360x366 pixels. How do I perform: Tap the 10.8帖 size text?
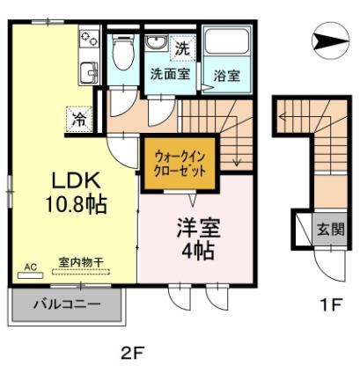click(x=77, y=206)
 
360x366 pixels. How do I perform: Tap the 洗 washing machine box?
click(x=181, y=47)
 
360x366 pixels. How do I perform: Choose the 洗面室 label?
click(x=169, y=75)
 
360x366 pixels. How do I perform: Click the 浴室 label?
click(x=227, y=76)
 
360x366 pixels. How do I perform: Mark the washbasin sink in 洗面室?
click(x=155, y=45)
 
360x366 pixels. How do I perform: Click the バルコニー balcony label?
click(x=67, y=304)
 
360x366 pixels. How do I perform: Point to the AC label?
click(x=29, y=265)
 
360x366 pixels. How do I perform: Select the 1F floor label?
click(x=329, y=305)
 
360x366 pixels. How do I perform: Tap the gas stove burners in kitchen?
click(x=89, y=39)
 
